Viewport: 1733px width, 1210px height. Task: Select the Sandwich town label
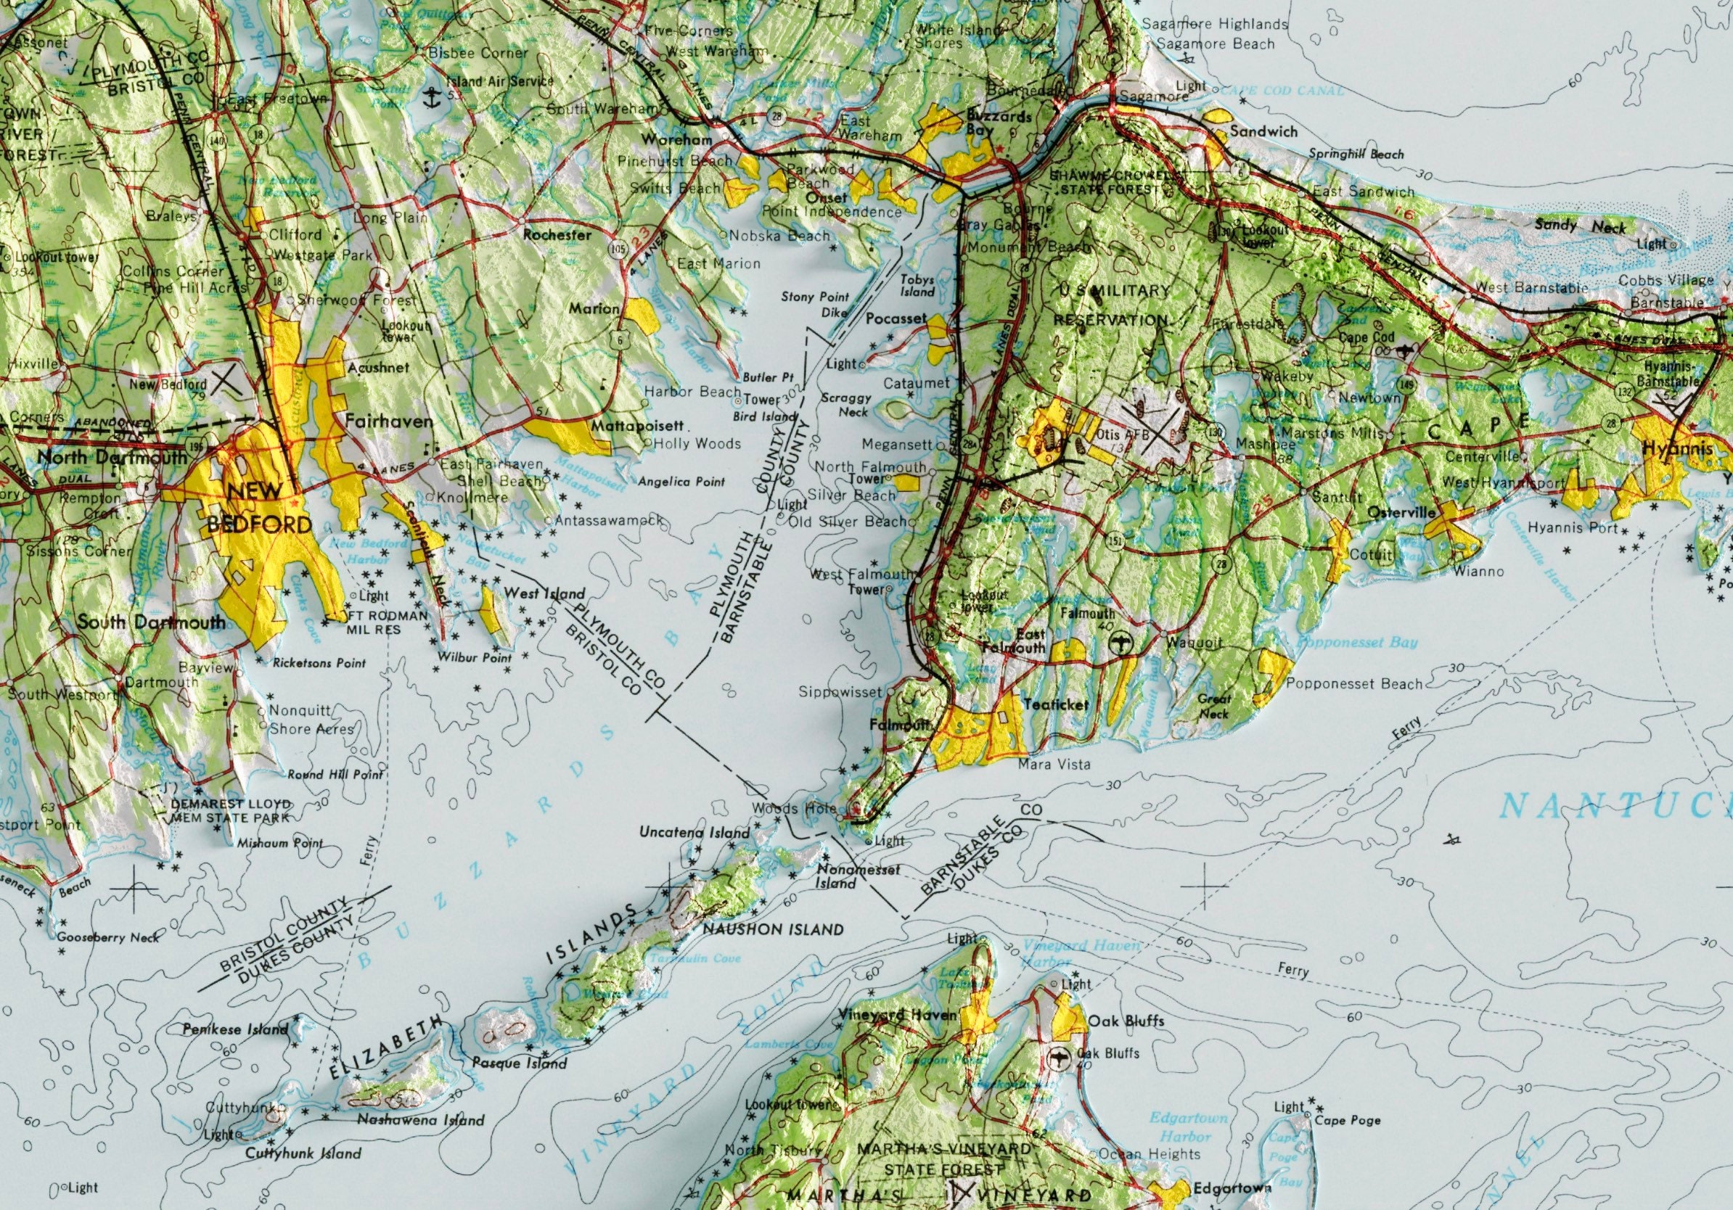coord(1263,131)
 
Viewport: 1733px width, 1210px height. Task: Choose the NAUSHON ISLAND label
coord(772,929)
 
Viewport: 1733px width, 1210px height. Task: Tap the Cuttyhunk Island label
coord(303,1153)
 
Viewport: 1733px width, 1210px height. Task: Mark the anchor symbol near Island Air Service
coord(432,96)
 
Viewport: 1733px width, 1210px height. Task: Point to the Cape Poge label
coord(1348,1119)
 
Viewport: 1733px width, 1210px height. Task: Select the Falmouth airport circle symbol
coord(1123,642)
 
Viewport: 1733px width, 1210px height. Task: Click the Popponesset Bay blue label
coord(1356,643)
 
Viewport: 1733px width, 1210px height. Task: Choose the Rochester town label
coord(557,234)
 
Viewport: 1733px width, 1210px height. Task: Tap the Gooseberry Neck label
coord(108,938)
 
